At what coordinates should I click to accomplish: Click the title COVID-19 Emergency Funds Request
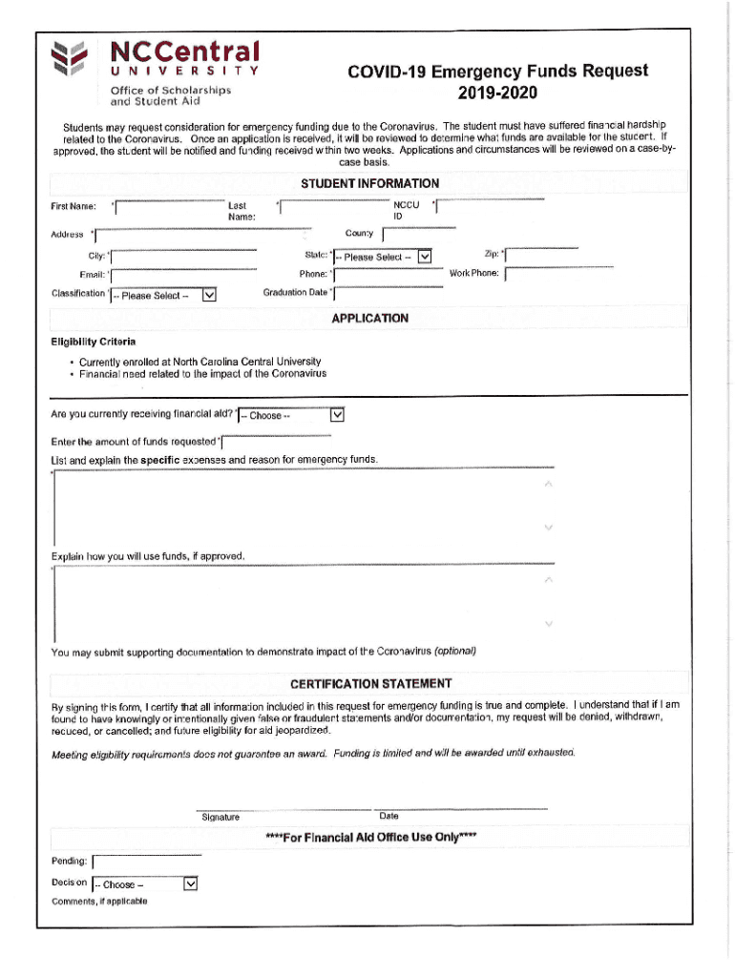point(497,72)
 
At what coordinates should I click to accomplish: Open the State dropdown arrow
point(425,256)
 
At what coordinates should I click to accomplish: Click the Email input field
point(184,277)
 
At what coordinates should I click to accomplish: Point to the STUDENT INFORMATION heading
point(370,183)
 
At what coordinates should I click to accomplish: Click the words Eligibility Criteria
point(93,342)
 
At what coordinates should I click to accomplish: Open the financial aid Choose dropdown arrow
point(336,415)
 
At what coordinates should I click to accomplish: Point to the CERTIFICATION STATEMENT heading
point(370,684)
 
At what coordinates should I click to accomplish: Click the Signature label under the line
point(220,818)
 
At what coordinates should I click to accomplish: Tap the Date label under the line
point(388,817)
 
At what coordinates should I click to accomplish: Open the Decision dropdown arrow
point(190,883)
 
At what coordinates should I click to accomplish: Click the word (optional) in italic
point(454,652)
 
